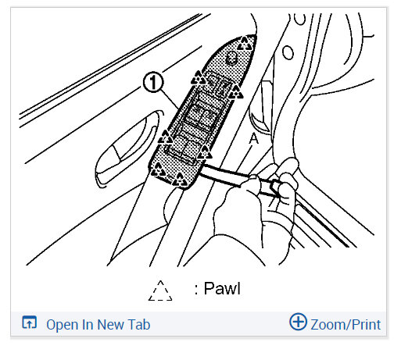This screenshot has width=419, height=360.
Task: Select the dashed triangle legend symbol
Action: coord(159,290)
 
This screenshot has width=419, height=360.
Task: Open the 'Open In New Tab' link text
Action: coord(98,324)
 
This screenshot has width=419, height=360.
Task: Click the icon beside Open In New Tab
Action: coord(30,323)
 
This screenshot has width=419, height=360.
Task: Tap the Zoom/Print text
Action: coord(345,324)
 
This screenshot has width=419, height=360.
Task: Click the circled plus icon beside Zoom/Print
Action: coord(298,323)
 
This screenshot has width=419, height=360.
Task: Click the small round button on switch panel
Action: coord(231,59)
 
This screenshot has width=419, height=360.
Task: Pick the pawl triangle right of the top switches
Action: coord(236,91)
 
